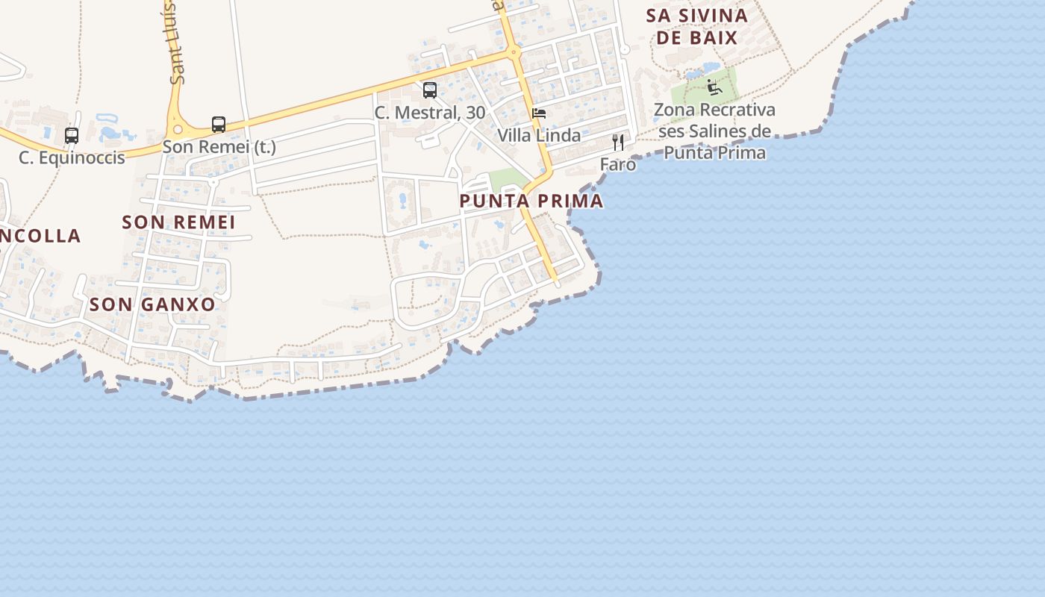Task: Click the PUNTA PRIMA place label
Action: (531, 201)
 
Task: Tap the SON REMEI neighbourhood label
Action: (178, 222)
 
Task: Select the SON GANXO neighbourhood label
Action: (152, 304)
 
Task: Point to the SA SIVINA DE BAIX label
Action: (697, 26)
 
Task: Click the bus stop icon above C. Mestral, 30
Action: (430, 90)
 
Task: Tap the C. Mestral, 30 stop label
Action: (430, 113)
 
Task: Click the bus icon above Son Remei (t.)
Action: (219, 124)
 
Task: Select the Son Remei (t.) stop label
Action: (219, 146)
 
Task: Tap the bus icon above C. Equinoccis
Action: (72, 136)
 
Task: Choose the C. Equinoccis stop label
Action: (72, 157)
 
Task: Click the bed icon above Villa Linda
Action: (539, 113)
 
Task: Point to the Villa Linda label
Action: (539, 135)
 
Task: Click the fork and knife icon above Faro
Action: (618, 142)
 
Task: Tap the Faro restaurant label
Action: (618, 163)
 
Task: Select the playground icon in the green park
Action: (714, 87)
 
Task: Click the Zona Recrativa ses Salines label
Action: (714, 131)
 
